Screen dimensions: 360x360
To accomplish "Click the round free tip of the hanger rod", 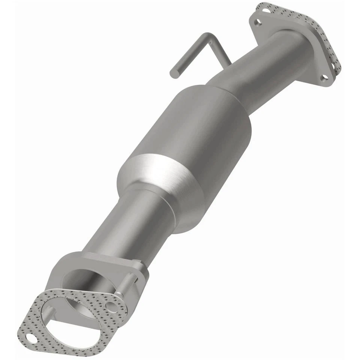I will pos(174,73).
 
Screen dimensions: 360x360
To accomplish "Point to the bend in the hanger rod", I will pos(207,37).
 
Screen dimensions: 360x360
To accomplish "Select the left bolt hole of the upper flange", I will pos(257,22).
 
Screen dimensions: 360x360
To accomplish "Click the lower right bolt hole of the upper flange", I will pos(324,78).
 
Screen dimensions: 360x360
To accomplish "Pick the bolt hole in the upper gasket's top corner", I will pos(267,10).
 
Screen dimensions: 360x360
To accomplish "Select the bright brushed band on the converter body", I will pos(157,176).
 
